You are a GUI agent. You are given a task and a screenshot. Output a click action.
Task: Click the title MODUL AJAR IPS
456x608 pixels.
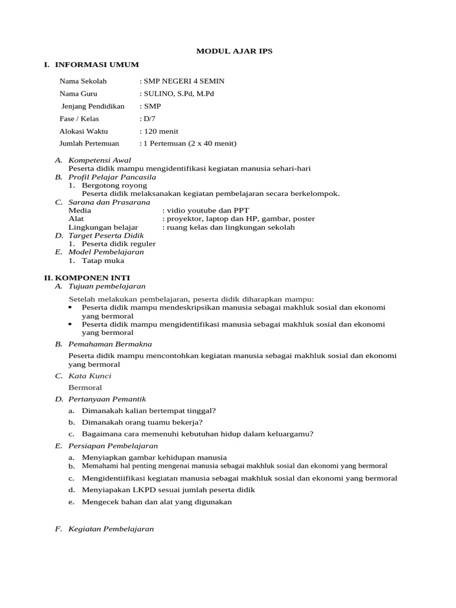tap(235, 51)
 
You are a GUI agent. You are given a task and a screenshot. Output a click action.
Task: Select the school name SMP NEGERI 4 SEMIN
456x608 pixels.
tap(183, 81)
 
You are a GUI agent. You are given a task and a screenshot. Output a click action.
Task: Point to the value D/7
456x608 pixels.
tap(149, 119)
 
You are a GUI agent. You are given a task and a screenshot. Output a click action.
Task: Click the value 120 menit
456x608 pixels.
tap(160, 131)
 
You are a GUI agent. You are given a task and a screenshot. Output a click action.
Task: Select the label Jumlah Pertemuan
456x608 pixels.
tap(89, 143)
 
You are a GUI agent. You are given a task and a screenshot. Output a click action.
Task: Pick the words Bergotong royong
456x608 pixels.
tap(115, 185)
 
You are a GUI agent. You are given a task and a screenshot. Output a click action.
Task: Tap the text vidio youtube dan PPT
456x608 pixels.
tap(208, 210)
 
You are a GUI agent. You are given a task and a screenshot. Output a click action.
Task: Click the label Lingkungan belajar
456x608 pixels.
tap(103, 227)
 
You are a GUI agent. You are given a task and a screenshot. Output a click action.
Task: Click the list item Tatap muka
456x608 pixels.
tap(99, 260)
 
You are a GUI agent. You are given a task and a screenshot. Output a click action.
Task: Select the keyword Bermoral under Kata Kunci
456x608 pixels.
tap(85, 388)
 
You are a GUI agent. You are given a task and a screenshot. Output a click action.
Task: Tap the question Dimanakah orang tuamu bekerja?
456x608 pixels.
tap(142, 422)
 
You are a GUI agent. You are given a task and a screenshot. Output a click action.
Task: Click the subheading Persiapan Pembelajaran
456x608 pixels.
tap(113, 446)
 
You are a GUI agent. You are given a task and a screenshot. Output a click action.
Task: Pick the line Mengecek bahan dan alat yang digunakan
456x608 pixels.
tap(157, 502)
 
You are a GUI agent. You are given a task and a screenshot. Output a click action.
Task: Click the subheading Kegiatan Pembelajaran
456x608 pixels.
tap(111, 528)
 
